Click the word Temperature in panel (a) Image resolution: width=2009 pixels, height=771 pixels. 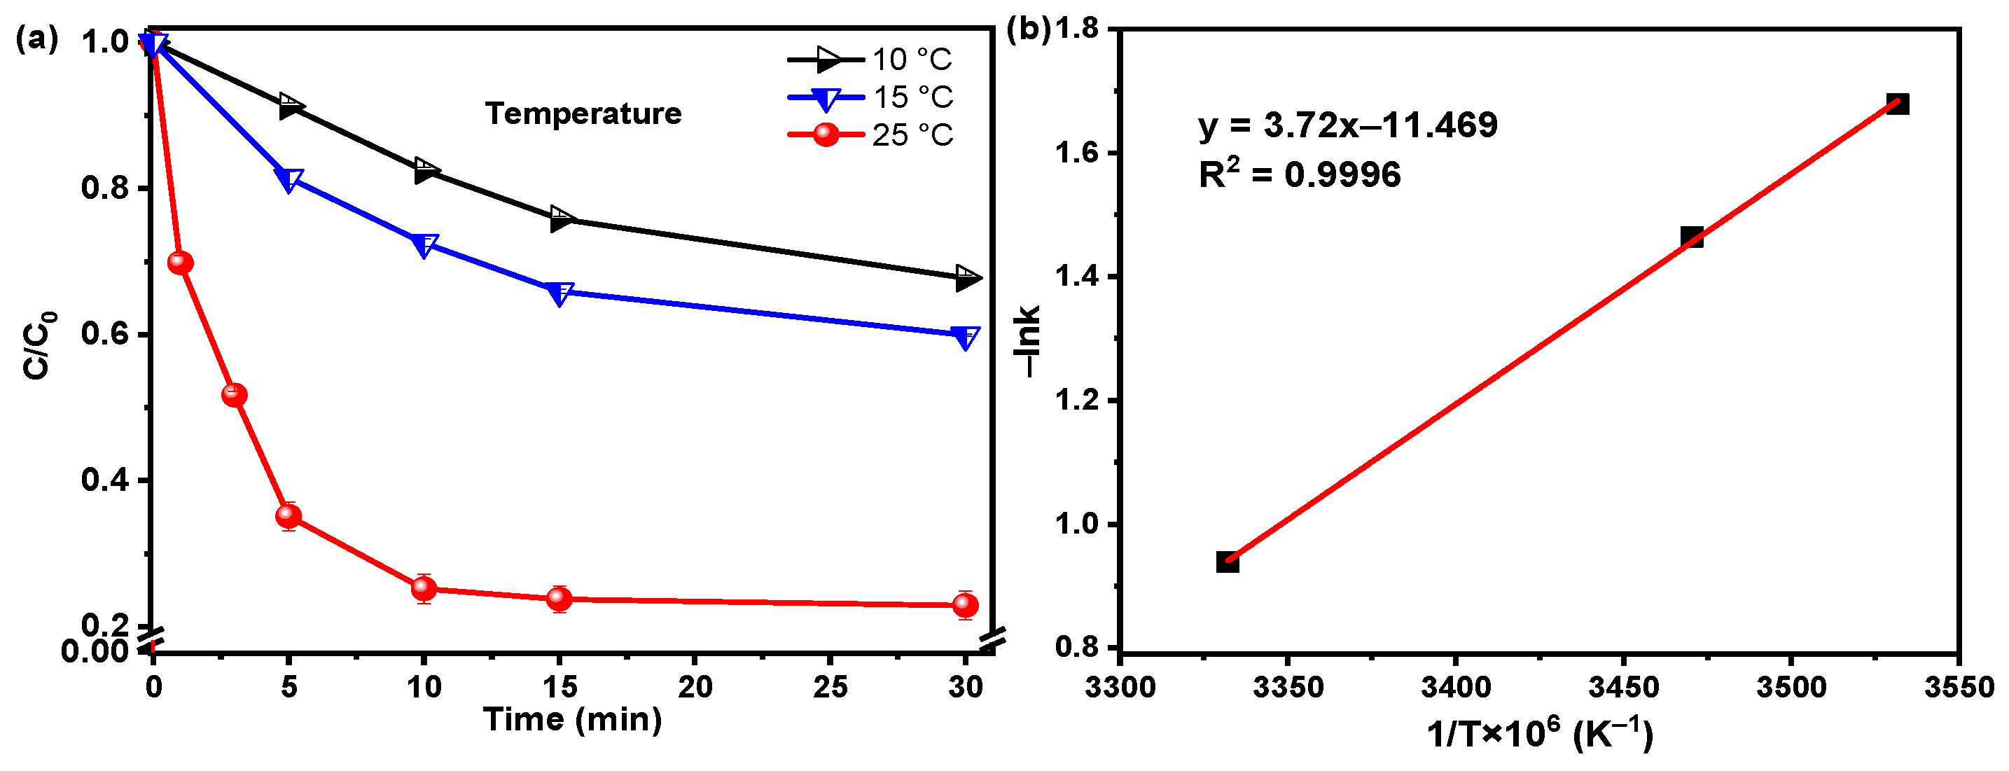coord(583,114)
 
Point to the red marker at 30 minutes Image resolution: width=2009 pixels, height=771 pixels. coord(966,605)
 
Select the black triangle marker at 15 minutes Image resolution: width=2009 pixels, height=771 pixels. coord(560,219)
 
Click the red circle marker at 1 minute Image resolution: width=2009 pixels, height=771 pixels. coord(180,263)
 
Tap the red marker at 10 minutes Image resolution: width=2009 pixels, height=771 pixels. coord(424,588)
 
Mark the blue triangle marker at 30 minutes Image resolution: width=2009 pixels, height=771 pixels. coord(966,338)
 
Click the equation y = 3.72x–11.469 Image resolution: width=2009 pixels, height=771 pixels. coord(1348,125)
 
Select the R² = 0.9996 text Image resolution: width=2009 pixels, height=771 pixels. coord(1299,174)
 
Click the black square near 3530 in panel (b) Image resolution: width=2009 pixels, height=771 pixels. coord(1898,104)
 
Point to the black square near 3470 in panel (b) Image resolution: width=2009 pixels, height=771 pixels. coord(1692,237)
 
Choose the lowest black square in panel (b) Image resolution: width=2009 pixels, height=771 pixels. coord(1228,562)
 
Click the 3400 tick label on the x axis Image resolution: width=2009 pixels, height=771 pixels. coord(1455,688)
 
